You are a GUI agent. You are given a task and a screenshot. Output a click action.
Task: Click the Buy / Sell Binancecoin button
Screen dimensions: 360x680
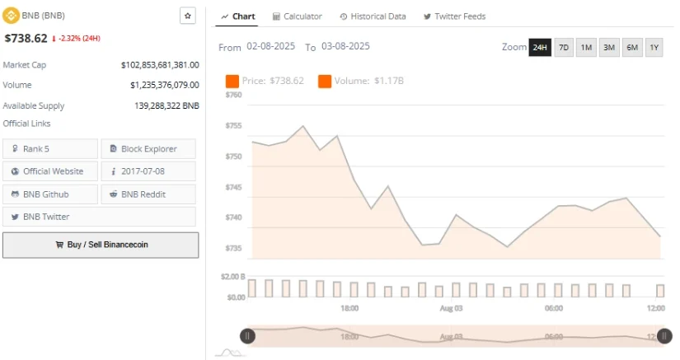pyautogui.click(x=100, y=245)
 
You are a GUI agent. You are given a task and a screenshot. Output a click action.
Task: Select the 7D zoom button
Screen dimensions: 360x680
pyautogui.click(x=564, y=47)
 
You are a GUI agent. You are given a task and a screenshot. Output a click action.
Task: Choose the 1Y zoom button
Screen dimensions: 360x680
pyautogui.click(x=654, y=47)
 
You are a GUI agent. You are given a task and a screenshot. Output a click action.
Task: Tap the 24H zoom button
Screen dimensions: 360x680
pyautogui.click(x=540, y=47)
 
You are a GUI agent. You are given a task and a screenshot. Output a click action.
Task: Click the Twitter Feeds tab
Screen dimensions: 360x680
pyautogui.click(x=454, y=16)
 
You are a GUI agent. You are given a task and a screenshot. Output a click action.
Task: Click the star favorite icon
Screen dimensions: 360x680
pyautogui.click(x=187, y=16)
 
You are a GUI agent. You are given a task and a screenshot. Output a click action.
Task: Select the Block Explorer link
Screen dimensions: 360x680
pyautogui.click(x=148, y=149)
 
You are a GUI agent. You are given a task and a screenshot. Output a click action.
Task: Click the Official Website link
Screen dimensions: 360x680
pyautogui.click(x=50, y=171)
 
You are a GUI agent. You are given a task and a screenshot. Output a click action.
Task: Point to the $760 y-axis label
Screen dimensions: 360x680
pyautogui.click(x=233, y=95)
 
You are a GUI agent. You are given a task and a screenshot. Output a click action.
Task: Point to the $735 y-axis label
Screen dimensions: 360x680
pyautogui.click(x=233, y=248)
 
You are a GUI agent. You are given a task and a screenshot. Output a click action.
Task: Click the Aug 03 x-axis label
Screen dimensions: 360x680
pyautogui.click(x=450, y=308)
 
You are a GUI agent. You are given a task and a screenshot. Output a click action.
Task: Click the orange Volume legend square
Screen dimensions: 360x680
pyautogui.click(x=324, y=81)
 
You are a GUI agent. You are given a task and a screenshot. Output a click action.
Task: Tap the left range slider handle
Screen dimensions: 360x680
pyautogui.click(x=247, y=335)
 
